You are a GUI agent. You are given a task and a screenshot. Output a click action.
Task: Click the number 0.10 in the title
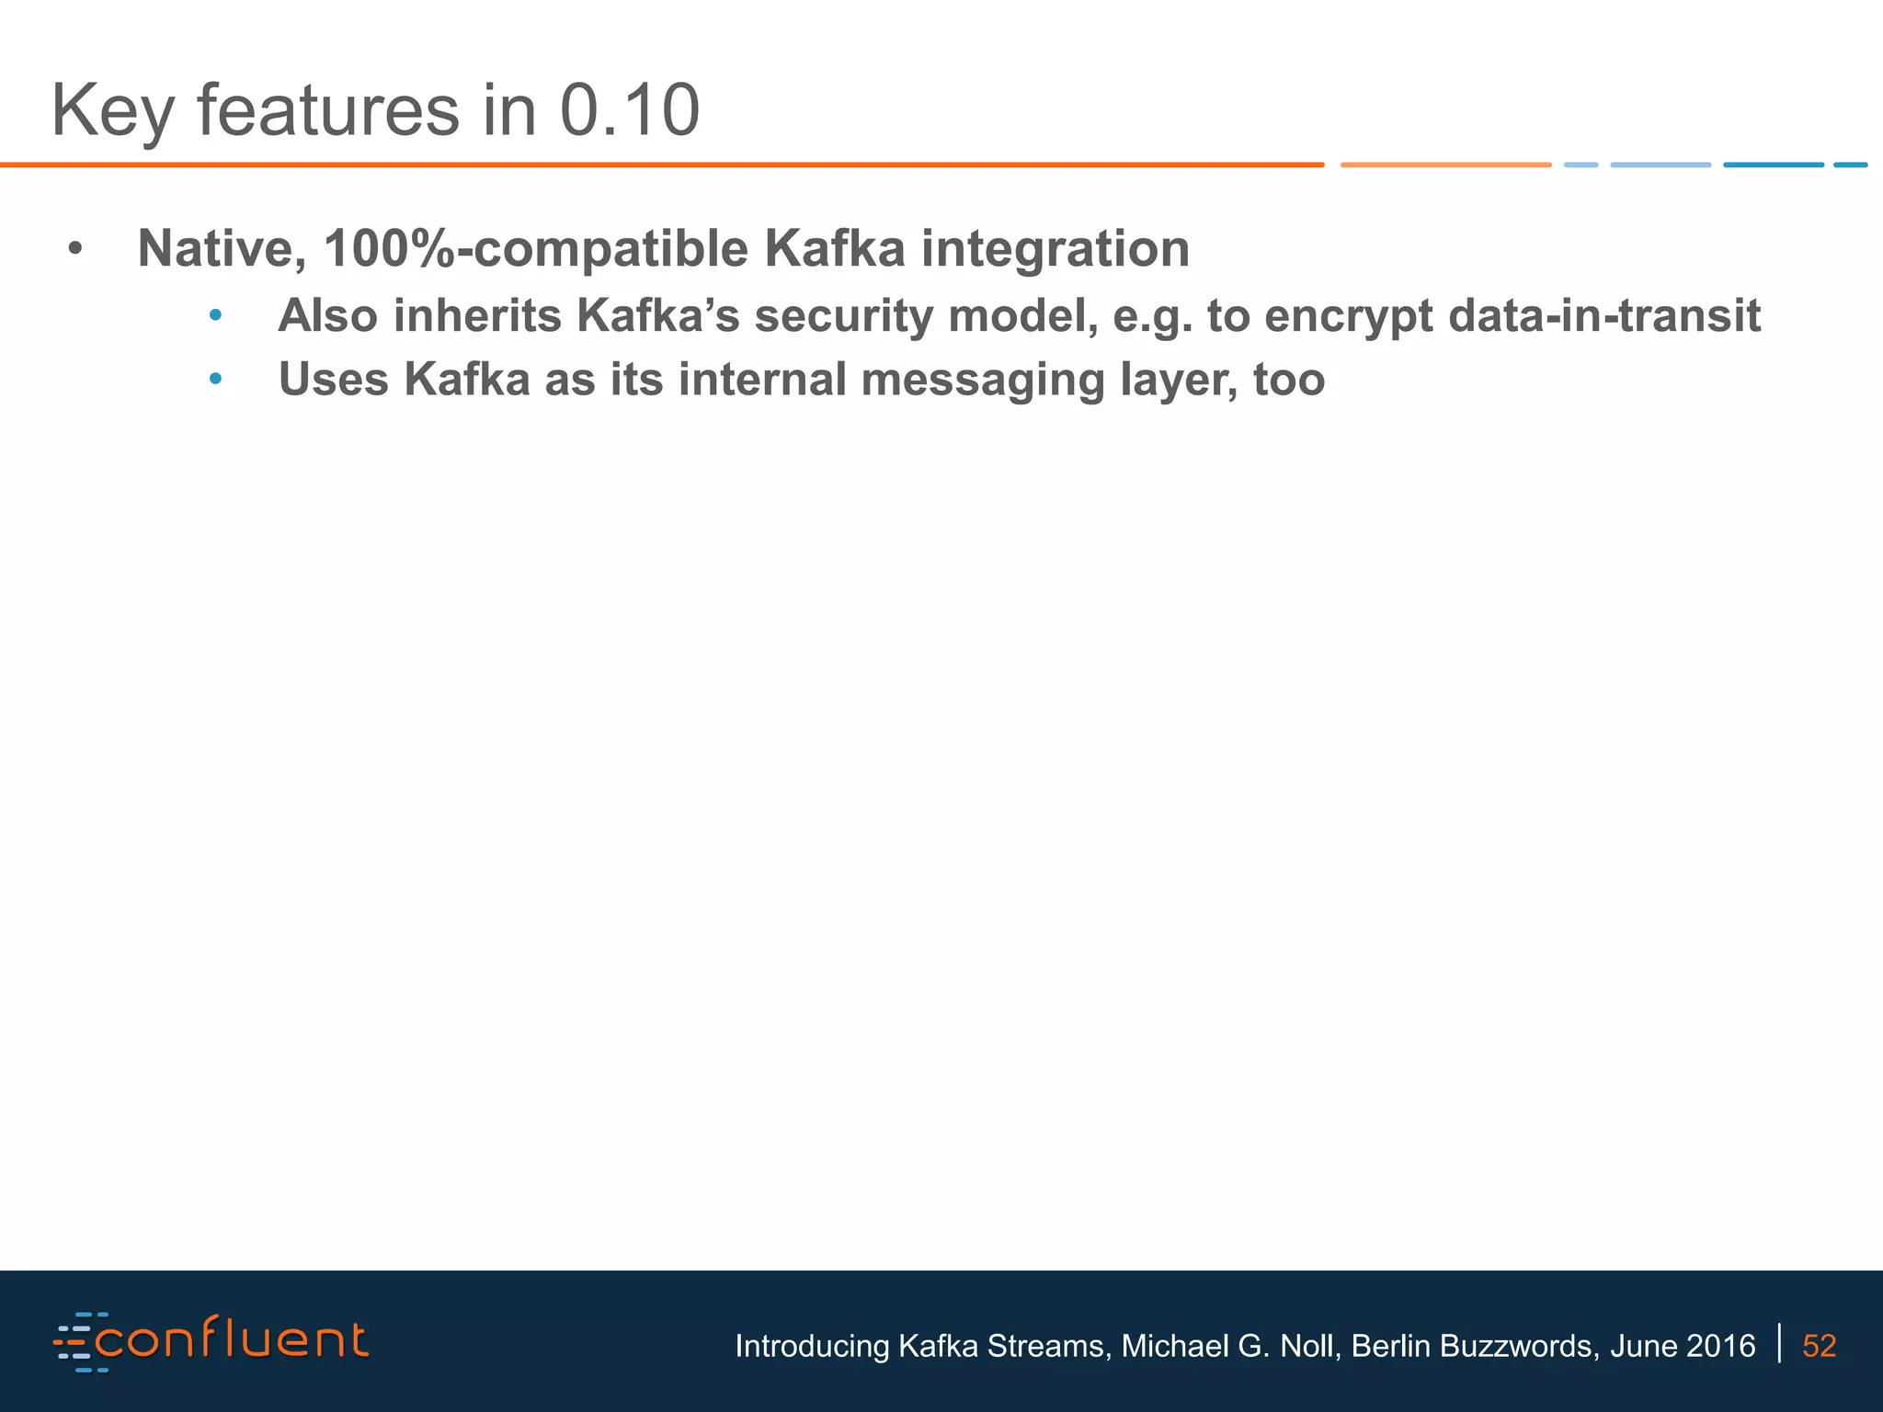(630, 110)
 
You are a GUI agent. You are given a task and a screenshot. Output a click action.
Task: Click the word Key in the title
(112, 112)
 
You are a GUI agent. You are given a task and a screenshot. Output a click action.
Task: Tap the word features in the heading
(327, 110)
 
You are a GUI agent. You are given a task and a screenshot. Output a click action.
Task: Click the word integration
(1055, 249)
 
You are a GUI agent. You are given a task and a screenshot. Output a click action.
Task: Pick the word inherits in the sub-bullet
(477, 315)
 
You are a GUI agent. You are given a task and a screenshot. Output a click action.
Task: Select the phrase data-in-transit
(1603, 315)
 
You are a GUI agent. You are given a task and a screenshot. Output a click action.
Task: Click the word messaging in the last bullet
(983, 381)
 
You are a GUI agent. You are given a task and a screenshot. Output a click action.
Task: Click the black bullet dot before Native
(76, 249)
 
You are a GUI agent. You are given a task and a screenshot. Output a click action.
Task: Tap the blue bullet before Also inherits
(215, 316)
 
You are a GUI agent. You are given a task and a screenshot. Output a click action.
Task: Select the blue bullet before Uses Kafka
(215, 380)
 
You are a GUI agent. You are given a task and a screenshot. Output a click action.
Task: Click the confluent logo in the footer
(211, 1342)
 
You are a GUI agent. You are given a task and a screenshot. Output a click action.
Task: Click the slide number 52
(1819, 1346)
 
